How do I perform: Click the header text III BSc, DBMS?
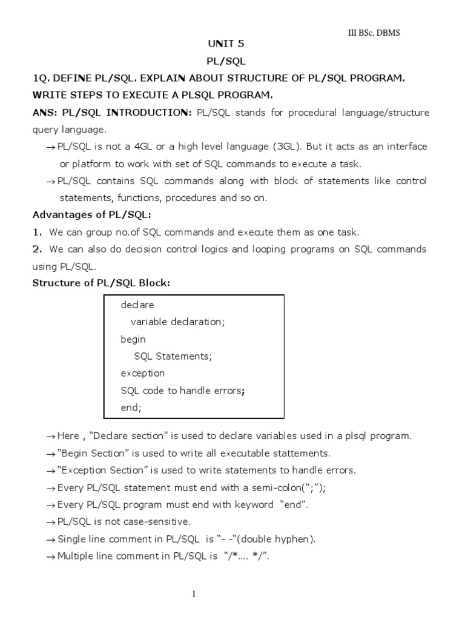coord(369,33)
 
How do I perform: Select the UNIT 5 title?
coord(226,44)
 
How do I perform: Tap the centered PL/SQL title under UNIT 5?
coord(226,61)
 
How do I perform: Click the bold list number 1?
coord(37,232)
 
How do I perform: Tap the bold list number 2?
coord(37,249)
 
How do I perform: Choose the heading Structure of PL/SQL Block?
coord(101,283)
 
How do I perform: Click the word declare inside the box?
coord(137,305)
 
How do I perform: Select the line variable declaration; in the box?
coord(177,322)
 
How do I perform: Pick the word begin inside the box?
coord(133,340)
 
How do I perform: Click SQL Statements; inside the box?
coord(173,357)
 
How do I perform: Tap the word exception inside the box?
coord(143,374)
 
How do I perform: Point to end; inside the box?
coord(131,407)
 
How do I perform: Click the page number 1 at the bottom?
coord(194,594)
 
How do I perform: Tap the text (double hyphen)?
coord(279,539)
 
